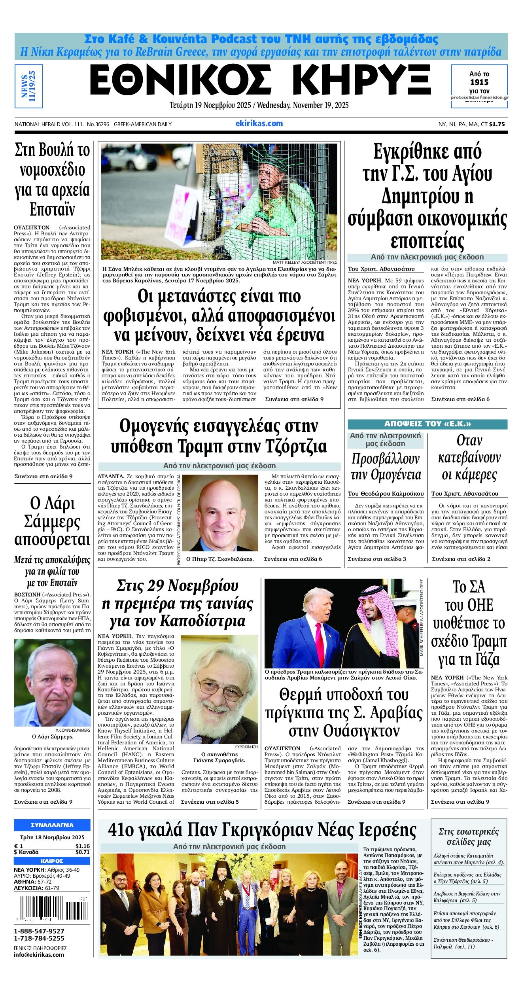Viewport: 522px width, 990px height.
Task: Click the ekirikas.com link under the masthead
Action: tap(259, 123)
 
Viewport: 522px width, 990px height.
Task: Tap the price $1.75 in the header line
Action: tap(497, 124)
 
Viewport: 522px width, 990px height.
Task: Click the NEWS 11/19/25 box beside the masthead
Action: tap(28, 86)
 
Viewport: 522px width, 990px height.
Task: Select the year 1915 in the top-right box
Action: tap(479, 82)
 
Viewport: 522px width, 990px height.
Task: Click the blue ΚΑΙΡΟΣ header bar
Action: tap(52, 861)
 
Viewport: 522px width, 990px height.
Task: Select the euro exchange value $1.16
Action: tap(82, 846)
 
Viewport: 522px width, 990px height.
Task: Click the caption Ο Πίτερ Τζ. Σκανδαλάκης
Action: tap(220, 559)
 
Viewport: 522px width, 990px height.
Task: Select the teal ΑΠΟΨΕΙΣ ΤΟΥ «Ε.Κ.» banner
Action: tap(427, 424)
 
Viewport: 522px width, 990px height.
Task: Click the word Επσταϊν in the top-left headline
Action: tap(52, 210)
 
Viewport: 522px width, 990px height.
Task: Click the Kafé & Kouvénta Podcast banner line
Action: tap(261, 39)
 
